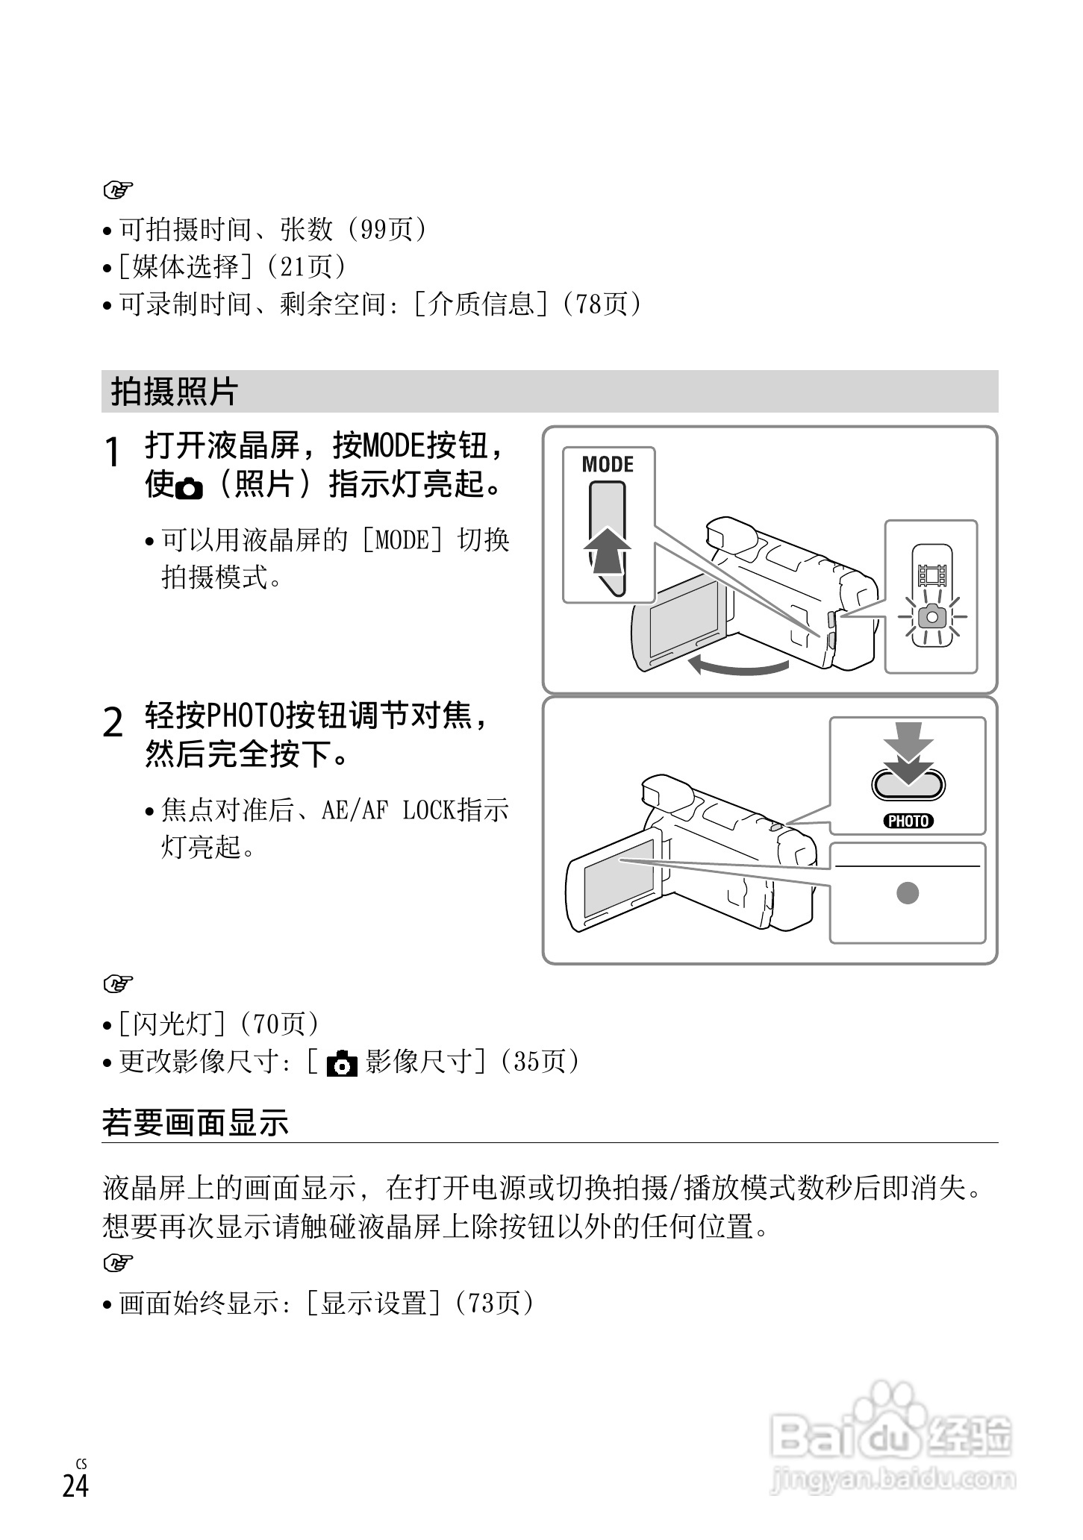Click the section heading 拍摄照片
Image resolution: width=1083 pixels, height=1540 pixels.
coord(174,392)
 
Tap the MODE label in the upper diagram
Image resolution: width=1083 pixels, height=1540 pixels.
coord(608,465)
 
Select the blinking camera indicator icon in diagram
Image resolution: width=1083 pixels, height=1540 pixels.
coord(931,617)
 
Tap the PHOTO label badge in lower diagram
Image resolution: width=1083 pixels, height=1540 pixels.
coord(908,821)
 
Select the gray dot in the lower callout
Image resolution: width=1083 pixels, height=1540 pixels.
coord(908,892)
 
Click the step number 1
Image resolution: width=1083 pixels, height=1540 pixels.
coord(113,454)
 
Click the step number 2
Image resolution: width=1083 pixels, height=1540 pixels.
coord(113,723)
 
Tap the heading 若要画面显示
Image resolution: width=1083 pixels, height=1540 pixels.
coord(196,1123)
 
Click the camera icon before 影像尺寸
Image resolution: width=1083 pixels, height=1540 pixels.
coord(343,1063)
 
